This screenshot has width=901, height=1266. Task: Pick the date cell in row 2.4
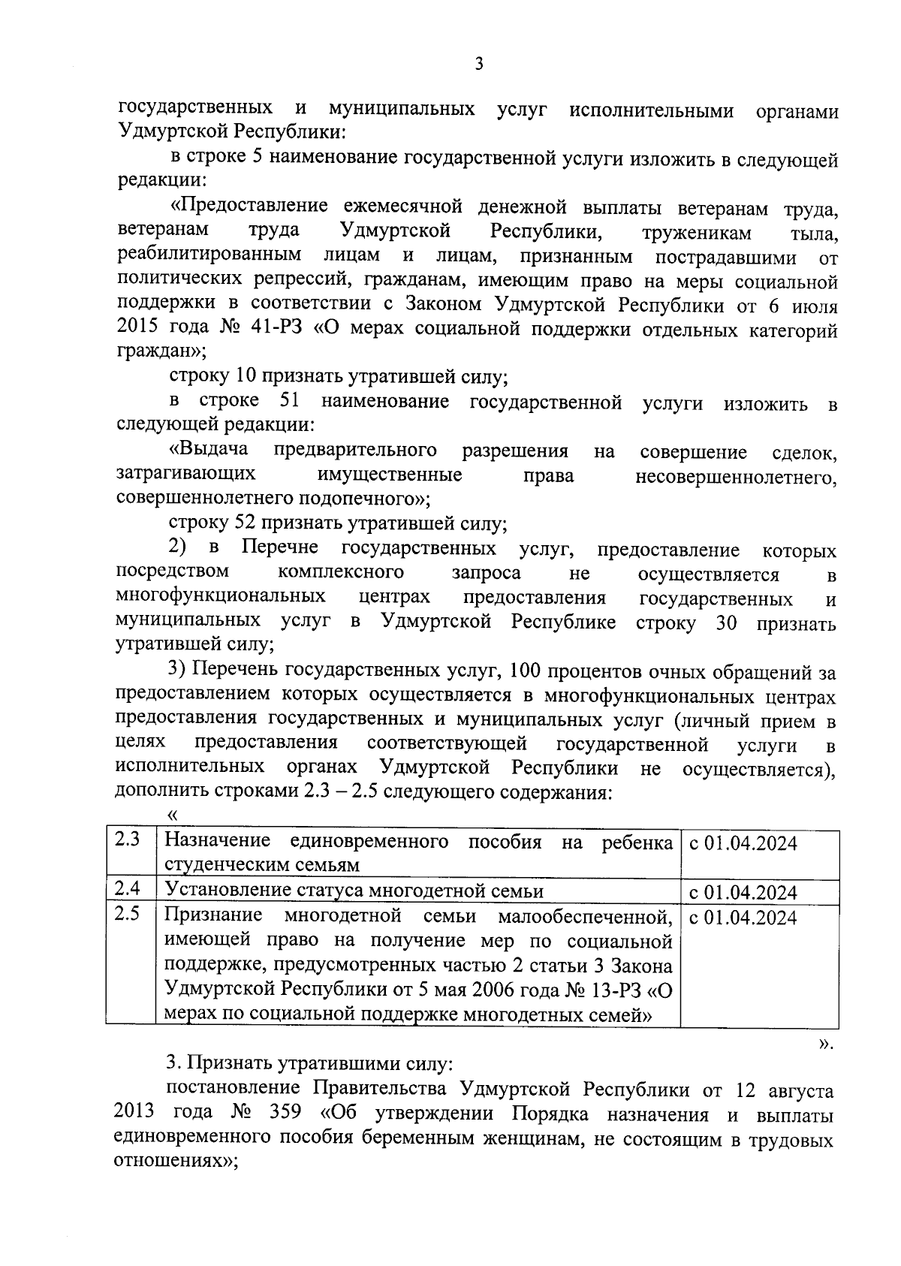(743, 892)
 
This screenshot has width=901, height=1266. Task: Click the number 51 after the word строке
(290, 402)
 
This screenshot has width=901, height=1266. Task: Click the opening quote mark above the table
(173, 815)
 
